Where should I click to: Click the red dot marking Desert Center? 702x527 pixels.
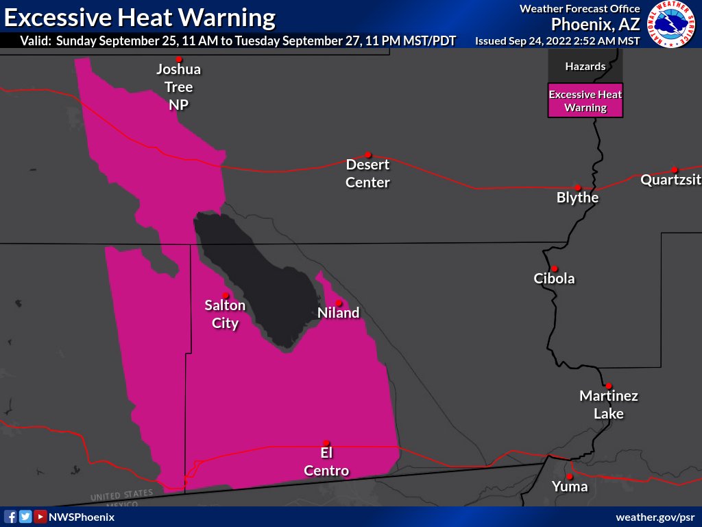(x=368, y=154)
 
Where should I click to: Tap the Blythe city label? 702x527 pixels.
(x=578, y=198)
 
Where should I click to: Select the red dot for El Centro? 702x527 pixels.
(x=326, y=443)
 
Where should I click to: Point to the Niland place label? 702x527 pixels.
(x=339, y=313)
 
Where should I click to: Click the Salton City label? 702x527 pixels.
(x=225, y=314)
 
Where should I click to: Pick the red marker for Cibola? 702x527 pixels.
(x=554, y=268)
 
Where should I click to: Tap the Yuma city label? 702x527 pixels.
(x=570, y=487)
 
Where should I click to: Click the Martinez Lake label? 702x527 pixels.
(x=609, y=405)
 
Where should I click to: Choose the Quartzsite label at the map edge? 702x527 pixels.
(x=670, y=180)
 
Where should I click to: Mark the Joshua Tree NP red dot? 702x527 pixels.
(x=180, y=59)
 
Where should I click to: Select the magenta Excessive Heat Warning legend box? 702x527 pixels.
(x=585, y=101)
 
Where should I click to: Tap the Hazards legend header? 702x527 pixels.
(x=585, y=67)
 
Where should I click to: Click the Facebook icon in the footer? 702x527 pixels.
(x=10, y=517)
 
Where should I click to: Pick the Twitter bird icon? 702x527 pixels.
(x=25, y=517)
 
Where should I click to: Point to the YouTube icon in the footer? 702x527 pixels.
(x=40, y=517)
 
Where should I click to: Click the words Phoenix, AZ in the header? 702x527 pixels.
(x=595, y=25)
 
